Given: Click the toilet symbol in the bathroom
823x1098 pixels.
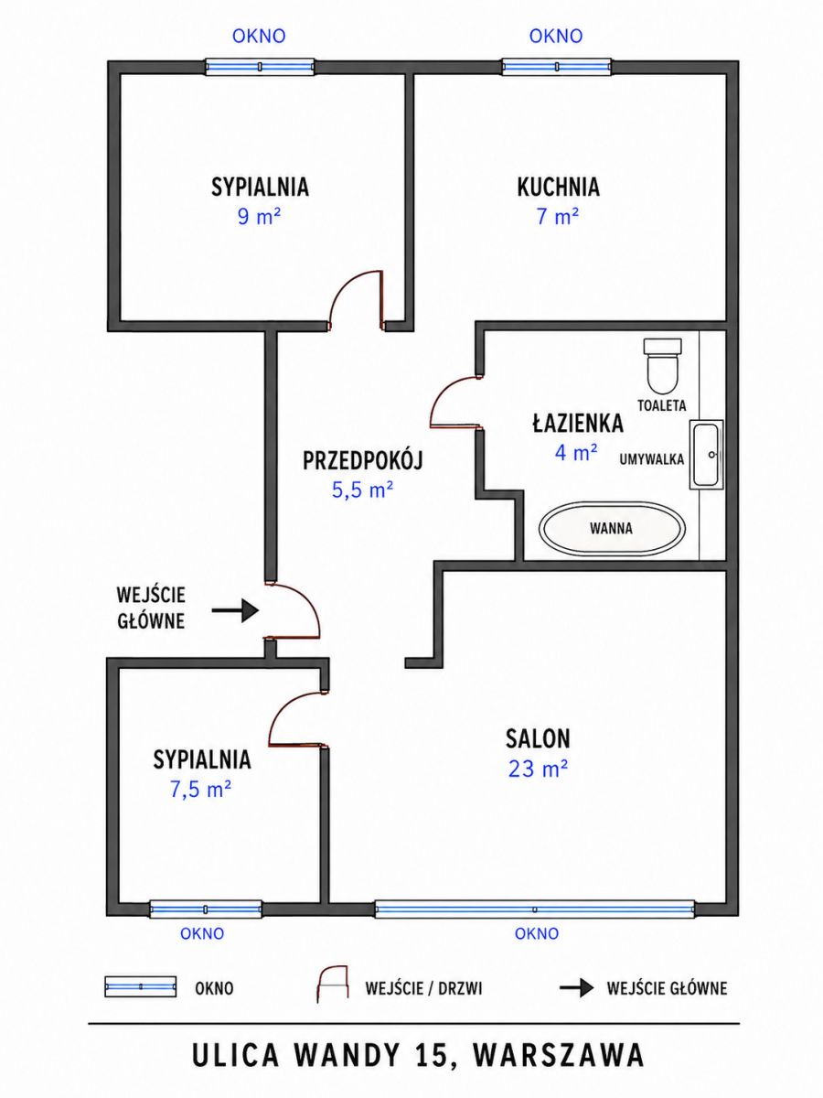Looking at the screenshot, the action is click(662, 365).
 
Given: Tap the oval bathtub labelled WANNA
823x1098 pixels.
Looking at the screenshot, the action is click(612, 528).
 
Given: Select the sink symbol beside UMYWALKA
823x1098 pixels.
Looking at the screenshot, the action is click(706, 454).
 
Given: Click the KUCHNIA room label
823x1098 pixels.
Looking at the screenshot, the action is click(558, 187).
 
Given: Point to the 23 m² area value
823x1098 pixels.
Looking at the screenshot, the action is click(538, 769).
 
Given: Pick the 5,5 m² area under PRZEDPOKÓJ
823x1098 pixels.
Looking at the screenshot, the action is click(363, 490).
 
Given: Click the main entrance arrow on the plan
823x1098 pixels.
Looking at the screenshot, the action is click(235, 610).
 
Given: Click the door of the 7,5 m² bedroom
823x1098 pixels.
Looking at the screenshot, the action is click(298, 720).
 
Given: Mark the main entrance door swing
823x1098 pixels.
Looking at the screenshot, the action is click(293, 611).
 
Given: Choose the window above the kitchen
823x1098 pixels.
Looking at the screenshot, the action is click(556, 67).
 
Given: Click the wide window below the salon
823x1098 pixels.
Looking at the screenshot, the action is click(534, 909).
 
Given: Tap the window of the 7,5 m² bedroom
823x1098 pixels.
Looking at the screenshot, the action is click(206, 909).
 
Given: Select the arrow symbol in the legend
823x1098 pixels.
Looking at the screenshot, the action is click(576, 988).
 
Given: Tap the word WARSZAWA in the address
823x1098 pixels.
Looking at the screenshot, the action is click(558, 1056).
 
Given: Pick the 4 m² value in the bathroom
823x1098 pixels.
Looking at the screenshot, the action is click(576, 453).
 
